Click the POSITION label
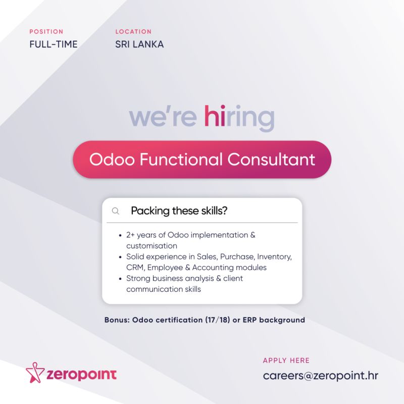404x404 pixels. coord(46,32)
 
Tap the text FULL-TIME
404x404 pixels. coord(54,44)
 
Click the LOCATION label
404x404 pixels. coord(133,32)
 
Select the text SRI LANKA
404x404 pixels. coord(139,44)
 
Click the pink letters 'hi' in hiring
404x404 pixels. coord(215,116)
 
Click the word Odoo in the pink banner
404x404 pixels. coord(112,159)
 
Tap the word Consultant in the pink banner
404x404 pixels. coord(271,159)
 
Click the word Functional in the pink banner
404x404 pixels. coord(181,159)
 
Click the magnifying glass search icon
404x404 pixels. coord(116,211)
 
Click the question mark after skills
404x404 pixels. coord(225,211)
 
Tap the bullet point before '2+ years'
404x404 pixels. coord(120,235)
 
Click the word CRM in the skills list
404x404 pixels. coord(135,268)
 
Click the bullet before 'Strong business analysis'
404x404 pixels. coord(120,279)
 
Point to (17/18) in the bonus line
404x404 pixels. coord(218,320)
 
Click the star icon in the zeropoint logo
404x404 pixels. coord(35,373)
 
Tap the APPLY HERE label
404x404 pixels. coord(286,360)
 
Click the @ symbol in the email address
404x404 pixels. coord(309,376)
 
